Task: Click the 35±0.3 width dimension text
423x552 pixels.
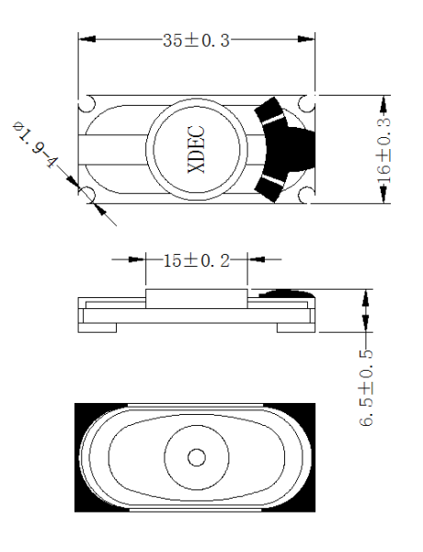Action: [x=196, y=40]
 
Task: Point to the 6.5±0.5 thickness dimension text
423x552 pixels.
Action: [x=367, y=385]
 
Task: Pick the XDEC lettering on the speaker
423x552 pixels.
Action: [x=196, y=148]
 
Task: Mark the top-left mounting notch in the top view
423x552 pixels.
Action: [x=88, y=98]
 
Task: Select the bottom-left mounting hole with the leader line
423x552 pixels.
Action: [x=88, y=195]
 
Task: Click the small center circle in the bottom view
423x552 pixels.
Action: [x=196, y=457]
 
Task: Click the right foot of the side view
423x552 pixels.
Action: [x=295, y=325]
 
